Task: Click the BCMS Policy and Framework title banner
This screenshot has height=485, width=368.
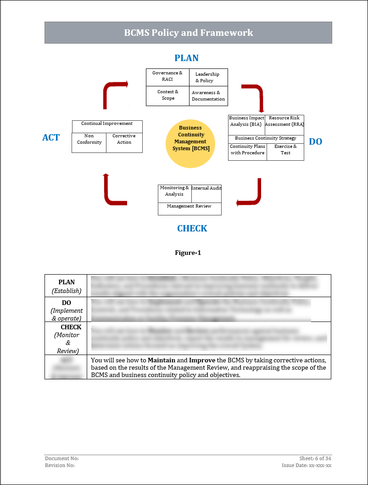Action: pyautogui.click(x=188, y=33)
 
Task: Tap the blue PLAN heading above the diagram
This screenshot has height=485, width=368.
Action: pyautogui.click(x=186, y=58)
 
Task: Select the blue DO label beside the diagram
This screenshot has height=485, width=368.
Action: pyautogui.click(x=315, y=141)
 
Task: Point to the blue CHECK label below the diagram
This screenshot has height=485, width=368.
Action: pyautogui.click(x=192, y=228)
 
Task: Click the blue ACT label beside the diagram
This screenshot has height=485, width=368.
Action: pyautogui.click(x=51, y=137)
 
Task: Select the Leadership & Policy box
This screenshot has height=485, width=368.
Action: pyautogui.click(x=208, y=77)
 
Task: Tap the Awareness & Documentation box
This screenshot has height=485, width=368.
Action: pyautogui.click(x=208, y=96)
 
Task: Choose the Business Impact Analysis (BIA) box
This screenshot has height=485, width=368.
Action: pyautogui.click(x=246, y=122)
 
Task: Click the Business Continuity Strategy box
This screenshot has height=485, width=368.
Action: pyautogui.click(x=266, y=138)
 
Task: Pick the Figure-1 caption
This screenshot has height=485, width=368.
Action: pyautogui.click(x=188, y=253)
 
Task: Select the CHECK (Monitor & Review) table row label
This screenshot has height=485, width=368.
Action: pyautogui.click(x=67, y=338)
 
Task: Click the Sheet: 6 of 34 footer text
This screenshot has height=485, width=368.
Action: pyautogui.click(x=315, y=458)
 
